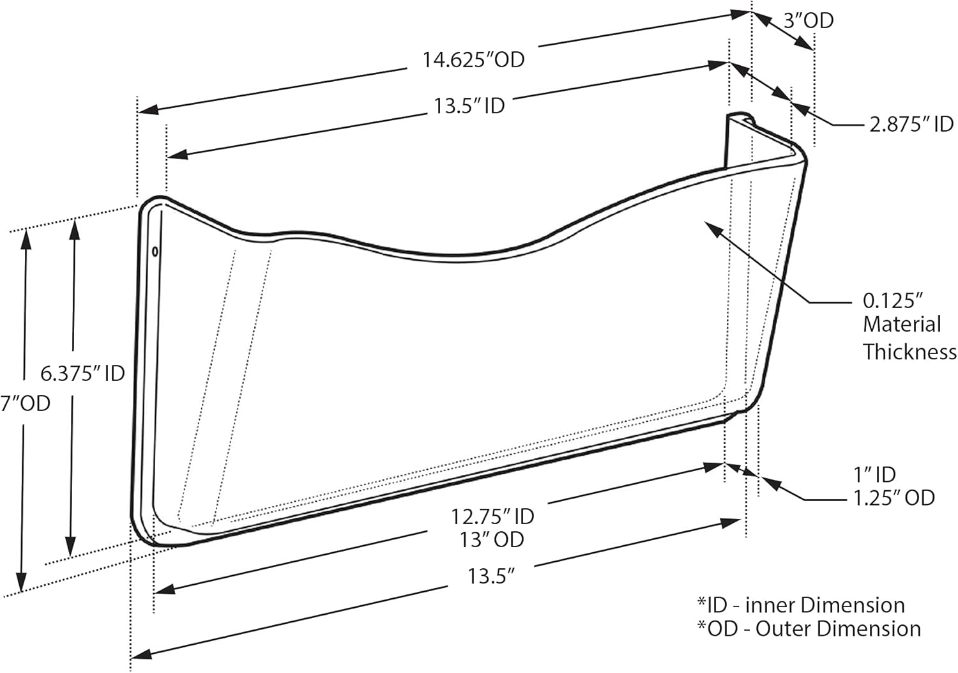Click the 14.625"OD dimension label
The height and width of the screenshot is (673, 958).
(473, 60)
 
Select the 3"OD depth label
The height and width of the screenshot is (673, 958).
(809, 20)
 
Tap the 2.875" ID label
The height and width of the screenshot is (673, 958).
(911, 124)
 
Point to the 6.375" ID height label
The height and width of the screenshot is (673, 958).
(82, 373)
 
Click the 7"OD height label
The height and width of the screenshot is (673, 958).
(26, 403)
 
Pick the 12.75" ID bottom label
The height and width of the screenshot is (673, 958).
(492, 517)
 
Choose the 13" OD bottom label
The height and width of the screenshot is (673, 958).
(492, 540)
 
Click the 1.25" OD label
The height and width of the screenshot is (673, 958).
(894, 498)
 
